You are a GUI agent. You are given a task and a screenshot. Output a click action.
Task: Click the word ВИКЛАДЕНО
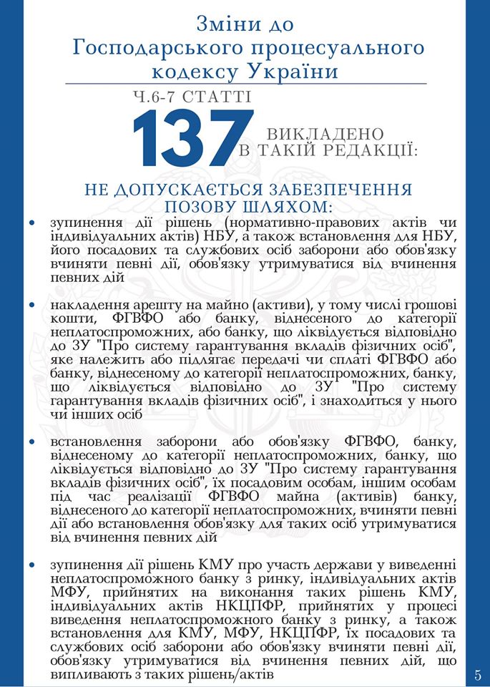(x=325, y=135)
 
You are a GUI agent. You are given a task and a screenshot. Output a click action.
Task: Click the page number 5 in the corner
(x=478, y=674)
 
